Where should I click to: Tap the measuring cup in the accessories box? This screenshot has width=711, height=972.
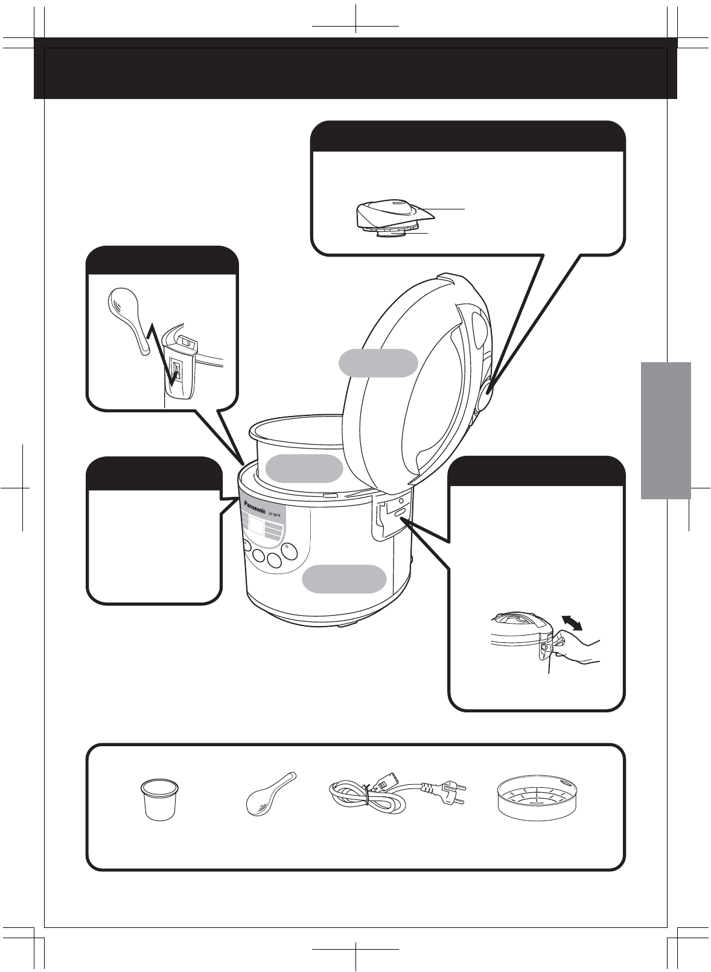160,799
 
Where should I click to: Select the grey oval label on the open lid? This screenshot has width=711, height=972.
378,363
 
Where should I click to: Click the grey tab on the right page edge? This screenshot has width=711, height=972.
666,430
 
